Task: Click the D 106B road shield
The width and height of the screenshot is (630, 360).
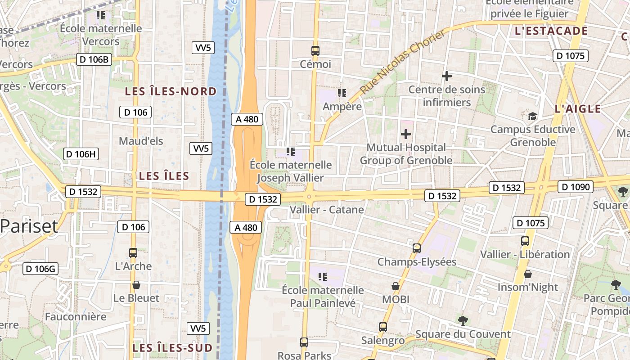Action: pos(94,59)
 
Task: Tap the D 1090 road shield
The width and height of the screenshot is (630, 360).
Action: pos(576,186)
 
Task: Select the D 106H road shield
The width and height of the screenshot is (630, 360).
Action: pos(81,154)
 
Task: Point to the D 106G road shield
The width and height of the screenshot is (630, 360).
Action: pos(40,269)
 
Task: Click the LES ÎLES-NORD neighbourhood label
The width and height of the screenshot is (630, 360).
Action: pos(171,91)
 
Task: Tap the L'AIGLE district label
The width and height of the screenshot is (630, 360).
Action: pos(578,108)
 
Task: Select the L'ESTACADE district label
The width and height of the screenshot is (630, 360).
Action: pos(551,31)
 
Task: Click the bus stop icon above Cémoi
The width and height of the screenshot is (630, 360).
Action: pos(315,51)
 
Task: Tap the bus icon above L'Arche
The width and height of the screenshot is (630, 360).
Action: pos(133,253)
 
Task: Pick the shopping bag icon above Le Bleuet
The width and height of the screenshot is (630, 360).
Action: pos(136,285)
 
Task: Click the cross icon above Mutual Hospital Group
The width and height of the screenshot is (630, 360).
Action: pos(406,134)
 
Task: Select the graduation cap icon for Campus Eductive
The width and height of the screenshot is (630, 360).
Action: pos(532,117)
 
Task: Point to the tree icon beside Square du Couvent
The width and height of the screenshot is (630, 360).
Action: pos(463,320)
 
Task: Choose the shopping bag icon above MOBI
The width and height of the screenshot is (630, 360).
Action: pos(395,286)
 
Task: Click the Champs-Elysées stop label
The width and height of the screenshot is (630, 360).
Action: pos(417,262)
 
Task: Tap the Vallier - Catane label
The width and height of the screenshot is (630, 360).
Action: pos(327,210)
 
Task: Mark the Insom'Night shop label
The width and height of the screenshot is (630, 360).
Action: pos(527,287)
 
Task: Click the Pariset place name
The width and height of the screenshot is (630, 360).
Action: pos(29,226)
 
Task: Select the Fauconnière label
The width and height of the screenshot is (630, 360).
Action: pos(76,317)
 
